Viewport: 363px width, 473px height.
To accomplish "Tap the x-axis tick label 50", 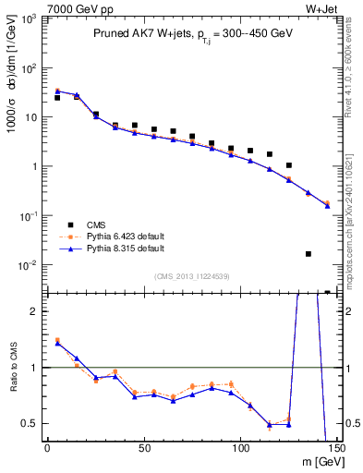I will (144, 450).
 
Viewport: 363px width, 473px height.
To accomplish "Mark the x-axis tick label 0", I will (47, 450).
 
